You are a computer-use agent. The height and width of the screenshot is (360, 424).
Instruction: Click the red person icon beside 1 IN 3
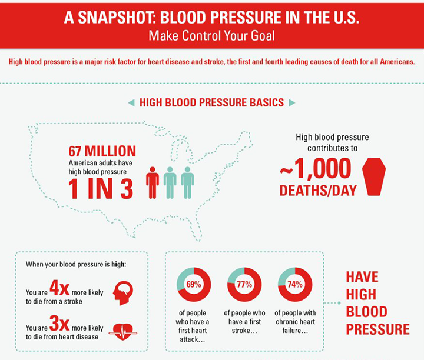153,182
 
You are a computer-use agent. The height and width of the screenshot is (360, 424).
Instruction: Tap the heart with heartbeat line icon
122,331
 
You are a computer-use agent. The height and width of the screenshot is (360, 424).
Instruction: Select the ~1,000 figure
316,169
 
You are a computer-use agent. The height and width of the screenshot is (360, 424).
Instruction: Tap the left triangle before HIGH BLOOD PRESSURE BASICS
131,103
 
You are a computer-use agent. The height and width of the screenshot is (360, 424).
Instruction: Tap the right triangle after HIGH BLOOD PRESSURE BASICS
291,103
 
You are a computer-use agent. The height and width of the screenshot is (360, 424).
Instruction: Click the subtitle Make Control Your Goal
211,36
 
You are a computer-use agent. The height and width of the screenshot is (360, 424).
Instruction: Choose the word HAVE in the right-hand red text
362,278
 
